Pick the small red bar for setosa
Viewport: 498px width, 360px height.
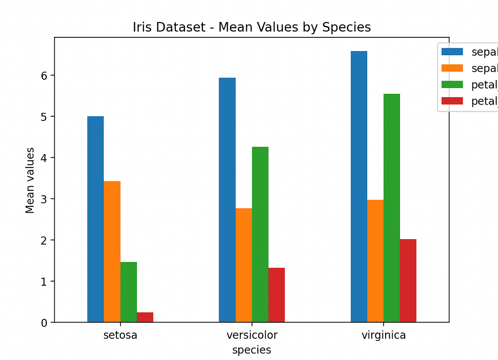pos(145,317)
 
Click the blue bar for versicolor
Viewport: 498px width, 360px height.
pos(227,200)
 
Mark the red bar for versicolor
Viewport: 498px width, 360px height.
pos(276,295)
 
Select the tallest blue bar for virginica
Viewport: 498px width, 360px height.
pos(359,186)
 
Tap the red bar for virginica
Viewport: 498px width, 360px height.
pos(408,281)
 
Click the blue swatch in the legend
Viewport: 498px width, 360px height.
pos(452,52)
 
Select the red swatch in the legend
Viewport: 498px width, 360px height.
pos(452,101)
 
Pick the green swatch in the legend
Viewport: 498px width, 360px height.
pos(452,85)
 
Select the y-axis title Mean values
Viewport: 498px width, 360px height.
pos(30,180)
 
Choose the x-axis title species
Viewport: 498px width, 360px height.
pos(252,350)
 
